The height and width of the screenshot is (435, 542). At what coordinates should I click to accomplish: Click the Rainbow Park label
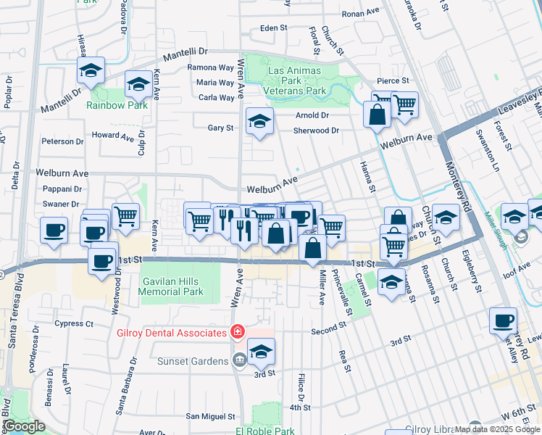tap(117, 105)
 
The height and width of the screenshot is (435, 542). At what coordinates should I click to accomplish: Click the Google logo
tap(23, 426)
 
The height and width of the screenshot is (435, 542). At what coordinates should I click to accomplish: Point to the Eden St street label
tap(274, 29)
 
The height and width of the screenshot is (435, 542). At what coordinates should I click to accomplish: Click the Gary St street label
tap(220, 128)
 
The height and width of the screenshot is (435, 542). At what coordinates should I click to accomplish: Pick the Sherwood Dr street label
tap(316, 130)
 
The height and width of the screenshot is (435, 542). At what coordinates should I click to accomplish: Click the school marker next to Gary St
tap(259, 120)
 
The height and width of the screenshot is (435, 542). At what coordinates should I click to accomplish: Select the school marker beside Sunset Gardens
tap(261, 352)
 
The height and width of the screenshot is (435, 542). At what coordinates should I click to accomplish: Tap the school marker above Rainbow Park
tap(91, 70)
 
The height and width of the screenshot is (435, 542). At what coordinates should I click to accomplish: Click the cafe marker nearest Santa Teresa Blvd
tap(54, 230)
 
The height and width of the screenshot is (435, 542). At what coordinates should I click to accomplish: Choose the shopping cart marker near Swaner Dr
tap(125, 217)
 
